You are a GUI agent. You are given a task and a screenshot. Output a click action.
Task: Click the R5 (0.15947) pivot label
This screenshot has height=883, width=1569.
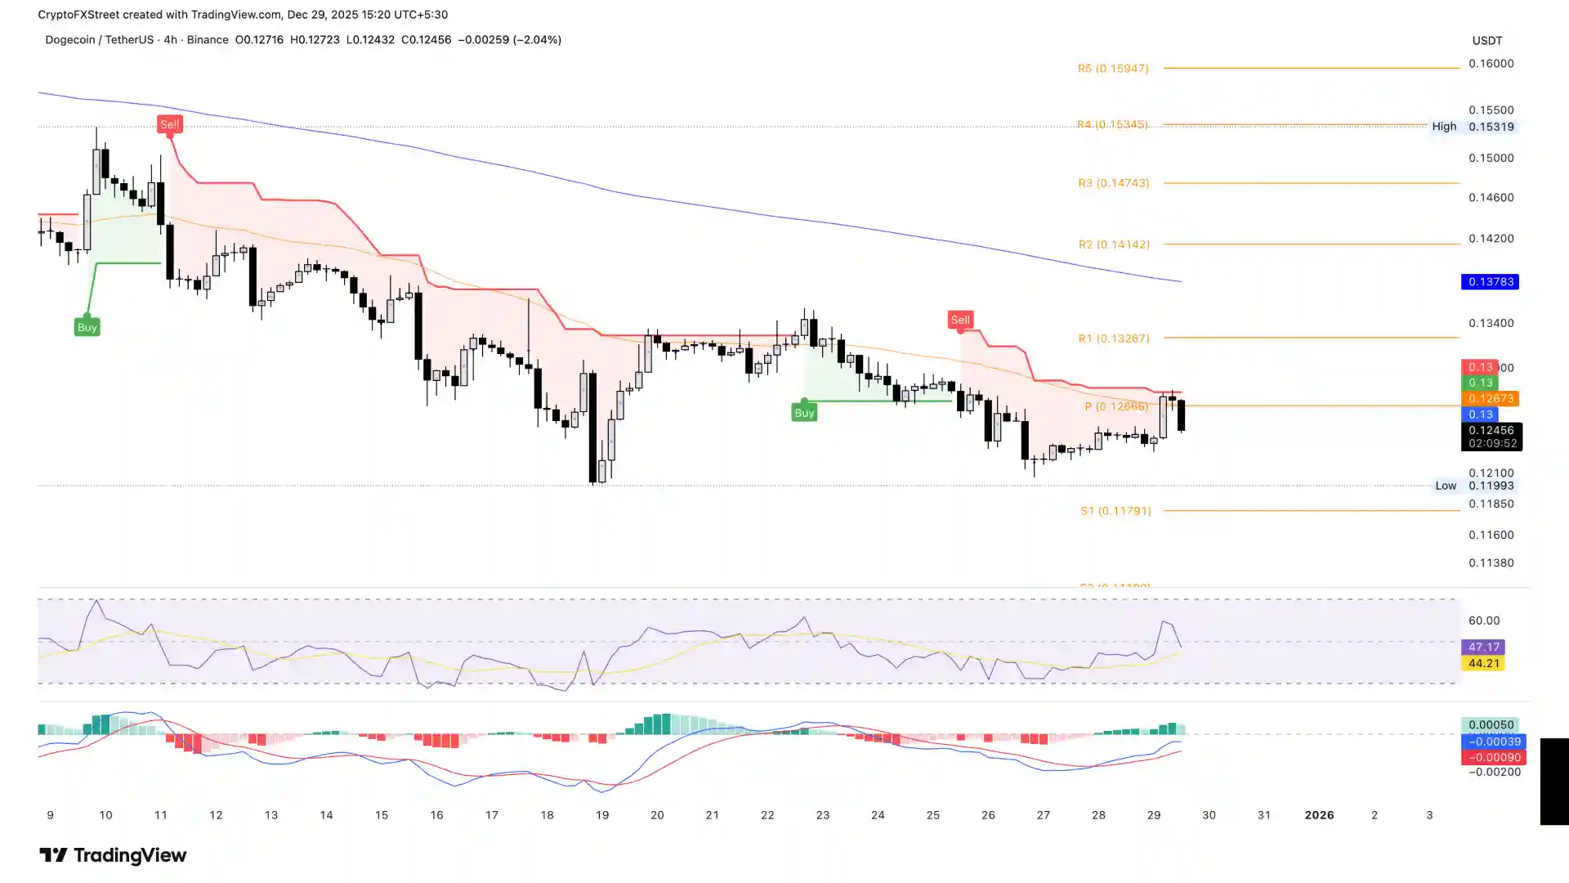(1112, 69)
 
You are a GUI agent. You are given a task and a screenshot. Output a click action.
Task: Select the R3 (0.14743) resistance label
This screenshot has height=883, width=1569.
(1113, 183)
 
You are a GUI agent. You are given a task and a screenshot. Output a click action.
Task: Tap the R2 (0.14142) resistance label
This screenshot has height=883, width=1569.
(1113, 244)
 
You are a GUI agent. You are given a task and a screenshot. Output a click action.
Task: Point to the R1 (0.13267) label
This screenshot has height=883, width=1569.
(1113, 338)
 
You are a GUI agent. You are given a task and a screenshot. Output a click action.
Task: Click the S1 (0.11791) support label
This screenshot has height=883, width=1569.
(1115, 511)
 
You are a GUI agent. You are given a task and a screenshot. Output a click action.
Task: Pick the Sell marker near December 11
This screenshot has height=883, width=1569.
(169, 124)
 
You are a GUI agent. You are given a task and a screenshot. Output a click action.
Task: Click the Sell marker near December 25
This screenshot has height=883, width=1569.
(959, 320)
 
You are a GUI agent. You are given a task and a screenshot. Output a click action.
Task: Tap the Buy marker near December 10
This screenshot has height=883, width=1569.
(87, 328)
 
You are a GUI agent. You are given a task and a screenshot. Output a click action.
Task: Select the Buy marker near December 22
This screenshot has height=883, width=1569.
(803, 413)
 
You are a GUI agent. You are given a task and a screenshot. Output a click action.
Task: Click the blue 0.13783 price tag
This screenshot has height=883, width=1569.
(1491, 282)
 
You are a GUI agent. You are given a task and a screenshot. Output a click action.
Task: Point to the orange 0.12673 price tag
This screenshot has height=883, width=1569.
(1491, 399)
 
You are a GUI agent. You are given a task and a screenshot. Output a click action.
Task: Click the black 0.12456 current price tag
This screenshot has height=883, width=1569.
(1491, 431)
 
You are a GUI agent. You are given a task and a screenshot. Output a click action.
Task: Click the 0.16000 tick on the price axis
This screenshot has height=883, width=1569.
(1491, 64)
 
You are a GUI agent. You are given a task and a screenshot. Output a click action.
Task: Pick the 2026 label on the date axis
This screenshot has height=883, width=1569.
(1319, 815)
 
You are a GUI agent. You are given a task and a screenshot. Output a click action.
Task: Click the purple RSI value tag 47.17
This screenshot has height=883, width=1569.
(1483, 647)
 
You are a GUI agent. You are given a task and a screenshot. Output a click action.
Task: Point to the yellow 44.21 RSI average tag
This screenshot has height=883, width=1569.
(1483, 663)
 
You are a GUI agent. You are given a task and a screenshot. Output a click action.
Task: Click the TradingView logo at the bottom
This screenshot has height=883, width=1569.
(113, 855)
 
